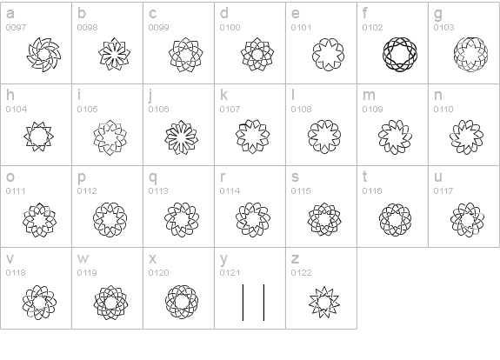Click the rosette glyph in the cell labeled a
click(x=44, y=55)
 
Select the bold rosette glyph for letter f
click(x=400, y=54)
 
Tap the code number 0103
click(x=443, y=28)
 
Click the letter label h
click(x=10, y=95)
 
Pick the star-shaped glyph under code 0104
click(x=38, y=137)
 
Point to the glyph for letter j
click(x=181, y=137)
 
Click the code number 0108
click(x=301, y=109)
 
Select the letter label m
click(x=369, y=95)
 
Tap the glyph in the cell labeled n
click(x=466, y=137)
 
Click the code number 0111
click(x=16, y=190)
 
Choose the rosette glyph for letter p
click(x=110, y=220)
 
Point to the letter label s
click(x=295, y=177)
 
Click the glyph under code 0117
click(x=467, y=220)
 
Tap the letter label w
click(x=83, y=258)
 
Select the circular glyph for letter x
click(x=182, y=302)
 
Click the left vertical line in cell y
click(x=243, y=303)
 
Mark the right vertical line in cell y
click(x=263, y=303)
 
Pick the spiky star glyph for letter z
click(x=324, y=302)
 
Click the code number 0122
click(x=301, y=273)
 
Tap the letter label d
click(x=224, y=13)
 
